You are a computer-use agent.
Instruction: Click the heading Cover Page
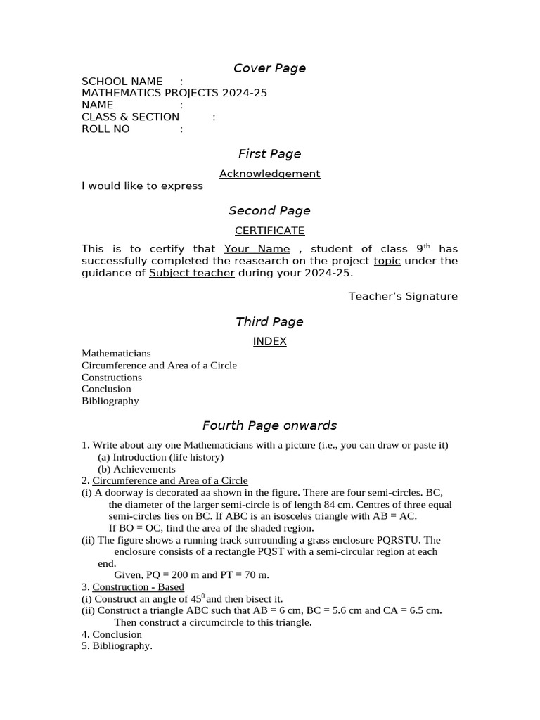(269, 68)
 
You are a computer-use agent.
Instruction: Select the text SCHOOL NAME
(122, 82)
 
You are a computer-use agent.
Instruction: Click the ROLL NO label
(105, 129)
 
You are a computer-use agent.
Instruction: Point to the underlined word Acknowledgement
(269, 174)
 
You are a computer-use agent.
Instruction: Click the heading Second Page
(269, 211)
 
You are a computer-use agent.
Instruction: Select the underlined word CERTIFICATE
(269, 231)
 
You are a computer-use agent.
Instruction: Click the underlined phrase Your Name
(257, 249)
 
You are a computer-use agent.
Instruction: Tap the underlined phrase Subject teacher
(191, 273)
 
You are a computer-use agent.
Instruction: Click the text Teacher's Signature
(403, 296)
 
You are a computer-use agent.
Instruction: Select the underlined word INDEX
(269, 341)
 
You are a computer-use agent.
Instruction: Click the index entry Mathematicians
(116, 353)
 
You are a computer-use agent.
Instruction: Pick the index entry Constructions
(112, 377)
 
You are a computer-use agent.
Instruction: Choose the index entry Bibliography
(110, 401)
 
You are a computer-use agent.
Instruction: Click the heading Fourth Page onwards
(269, 425)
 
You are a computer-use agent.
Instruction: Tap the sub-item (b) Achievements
(136, 469)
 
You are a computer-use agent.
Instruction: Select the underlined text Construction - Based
(138, 587)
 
